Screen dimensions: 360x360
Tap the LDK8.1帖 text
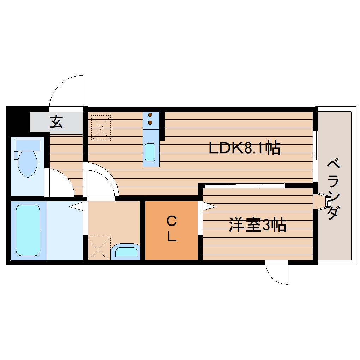(244, 148)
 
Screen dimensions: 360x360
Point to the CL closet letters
(172, 229)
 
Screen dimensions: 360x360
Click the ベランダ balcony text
(334, 189)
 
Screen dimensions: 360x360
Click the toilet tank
(28, 145)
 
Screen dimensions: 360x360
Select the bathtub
(28, 230)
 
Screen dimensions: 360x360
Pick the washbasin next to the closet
(126, 252)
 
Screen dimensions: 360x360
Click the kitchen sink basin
(151, 152)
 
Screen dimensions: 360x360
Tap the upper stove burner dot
(150, 115)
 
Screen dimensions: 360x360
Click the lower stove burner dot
(150, 122)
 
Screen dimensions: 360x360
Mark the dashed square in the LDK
(101, 128)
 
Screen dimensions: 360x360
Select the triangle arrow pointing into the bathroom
(76, 206)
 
